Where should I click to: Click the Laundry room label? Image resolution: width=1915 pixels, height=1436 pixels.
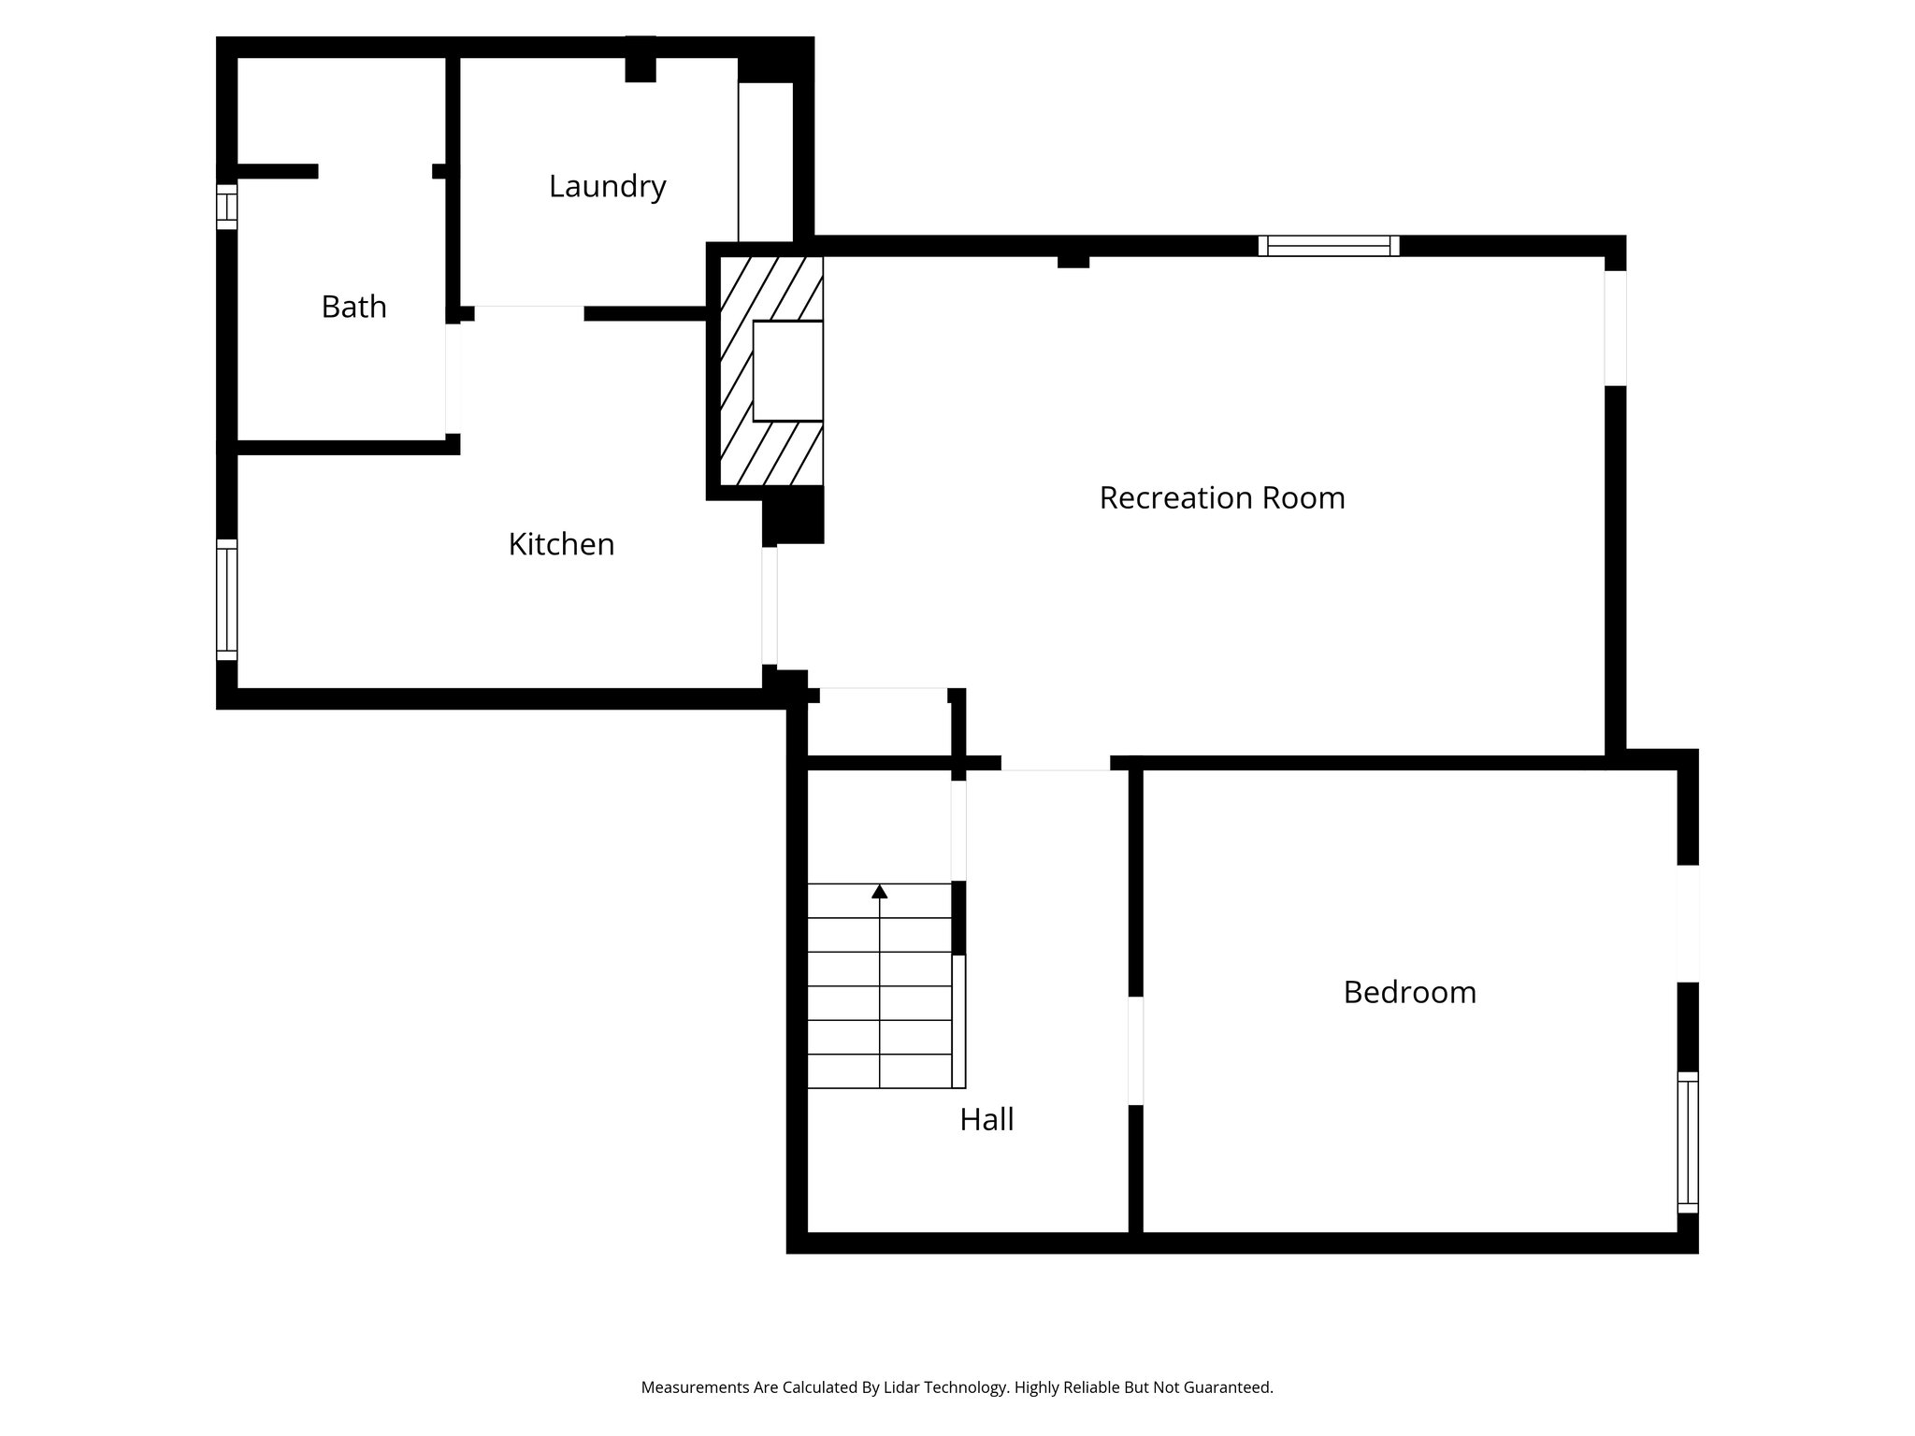click(x=607, y=187)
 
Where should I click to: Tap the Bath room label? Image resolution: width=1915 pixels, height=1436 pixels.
click(x=353, y=308)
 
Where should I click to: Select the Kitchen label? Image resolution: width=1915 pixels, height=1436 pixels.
click(x=561, y=544)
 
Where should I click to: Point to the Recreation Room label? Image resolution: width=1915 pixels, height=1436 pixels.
click(x=1221, y=497)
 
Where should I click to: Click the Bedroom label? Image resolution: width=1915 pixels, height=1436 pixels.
click(x=1409, y=992)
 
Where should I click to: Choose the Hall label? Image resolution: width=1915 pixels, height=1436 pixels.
click(x=986, y=1119)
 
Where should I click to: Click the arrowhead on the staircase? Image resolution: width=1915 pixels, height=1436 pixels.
click(x=879, y=892)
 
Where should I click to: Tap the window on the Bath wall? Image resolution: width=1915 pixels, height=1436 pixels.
click(x=226, y=206)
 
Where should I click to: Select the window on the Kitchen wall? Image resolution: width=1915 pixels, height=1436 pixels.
click(x=226, y=599)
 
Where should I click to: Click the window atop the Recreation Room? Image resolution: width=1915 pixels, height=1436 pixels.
click(x=1329, y=246)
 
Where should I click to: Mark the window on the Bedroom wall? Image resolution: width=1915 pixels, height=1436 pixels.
click(x=1687, y=1142)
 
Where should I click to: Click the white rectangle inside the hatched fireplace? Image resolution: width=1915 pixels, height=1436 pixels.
click(x=787, y=371)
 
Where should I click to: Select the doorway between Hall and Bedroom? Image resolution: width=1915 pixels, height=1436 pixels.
click(x=1135, y=1051)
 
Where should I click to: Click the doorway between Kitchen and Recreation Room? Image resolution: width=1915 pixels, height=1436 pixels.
click(x=770, y=606)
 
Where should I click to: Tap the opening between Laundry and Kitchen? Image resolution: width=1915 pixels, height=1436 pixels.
click(x=529, y=312)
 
